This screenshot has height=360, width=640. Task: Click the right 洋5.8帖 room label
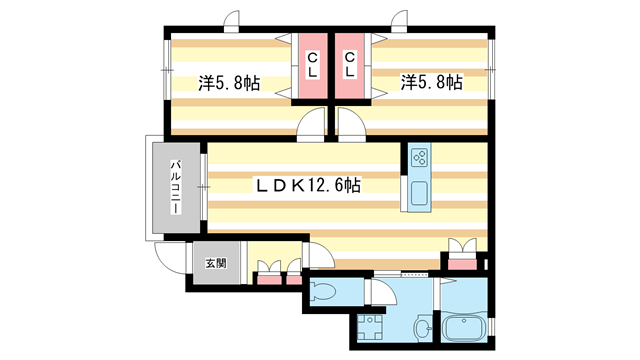(x=431, y=83)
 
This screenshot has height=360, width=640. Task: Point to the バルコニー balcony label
(x=174, y=187)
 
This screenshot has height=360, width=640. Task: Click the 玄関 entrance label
(x=216, y=264)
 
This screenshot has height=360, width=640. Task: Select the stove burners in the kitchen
(x=419, y=157)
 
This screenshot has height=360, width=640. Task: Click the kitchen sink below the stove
(x=419, y=192)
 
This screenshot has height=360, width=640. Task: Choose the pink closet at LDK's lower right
(x=463, y=262)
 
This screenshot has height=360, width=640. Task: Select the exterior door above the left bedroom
(x=232, y=21)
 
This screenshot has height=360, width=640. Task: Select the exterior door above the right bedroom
(x=401, y=21)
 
